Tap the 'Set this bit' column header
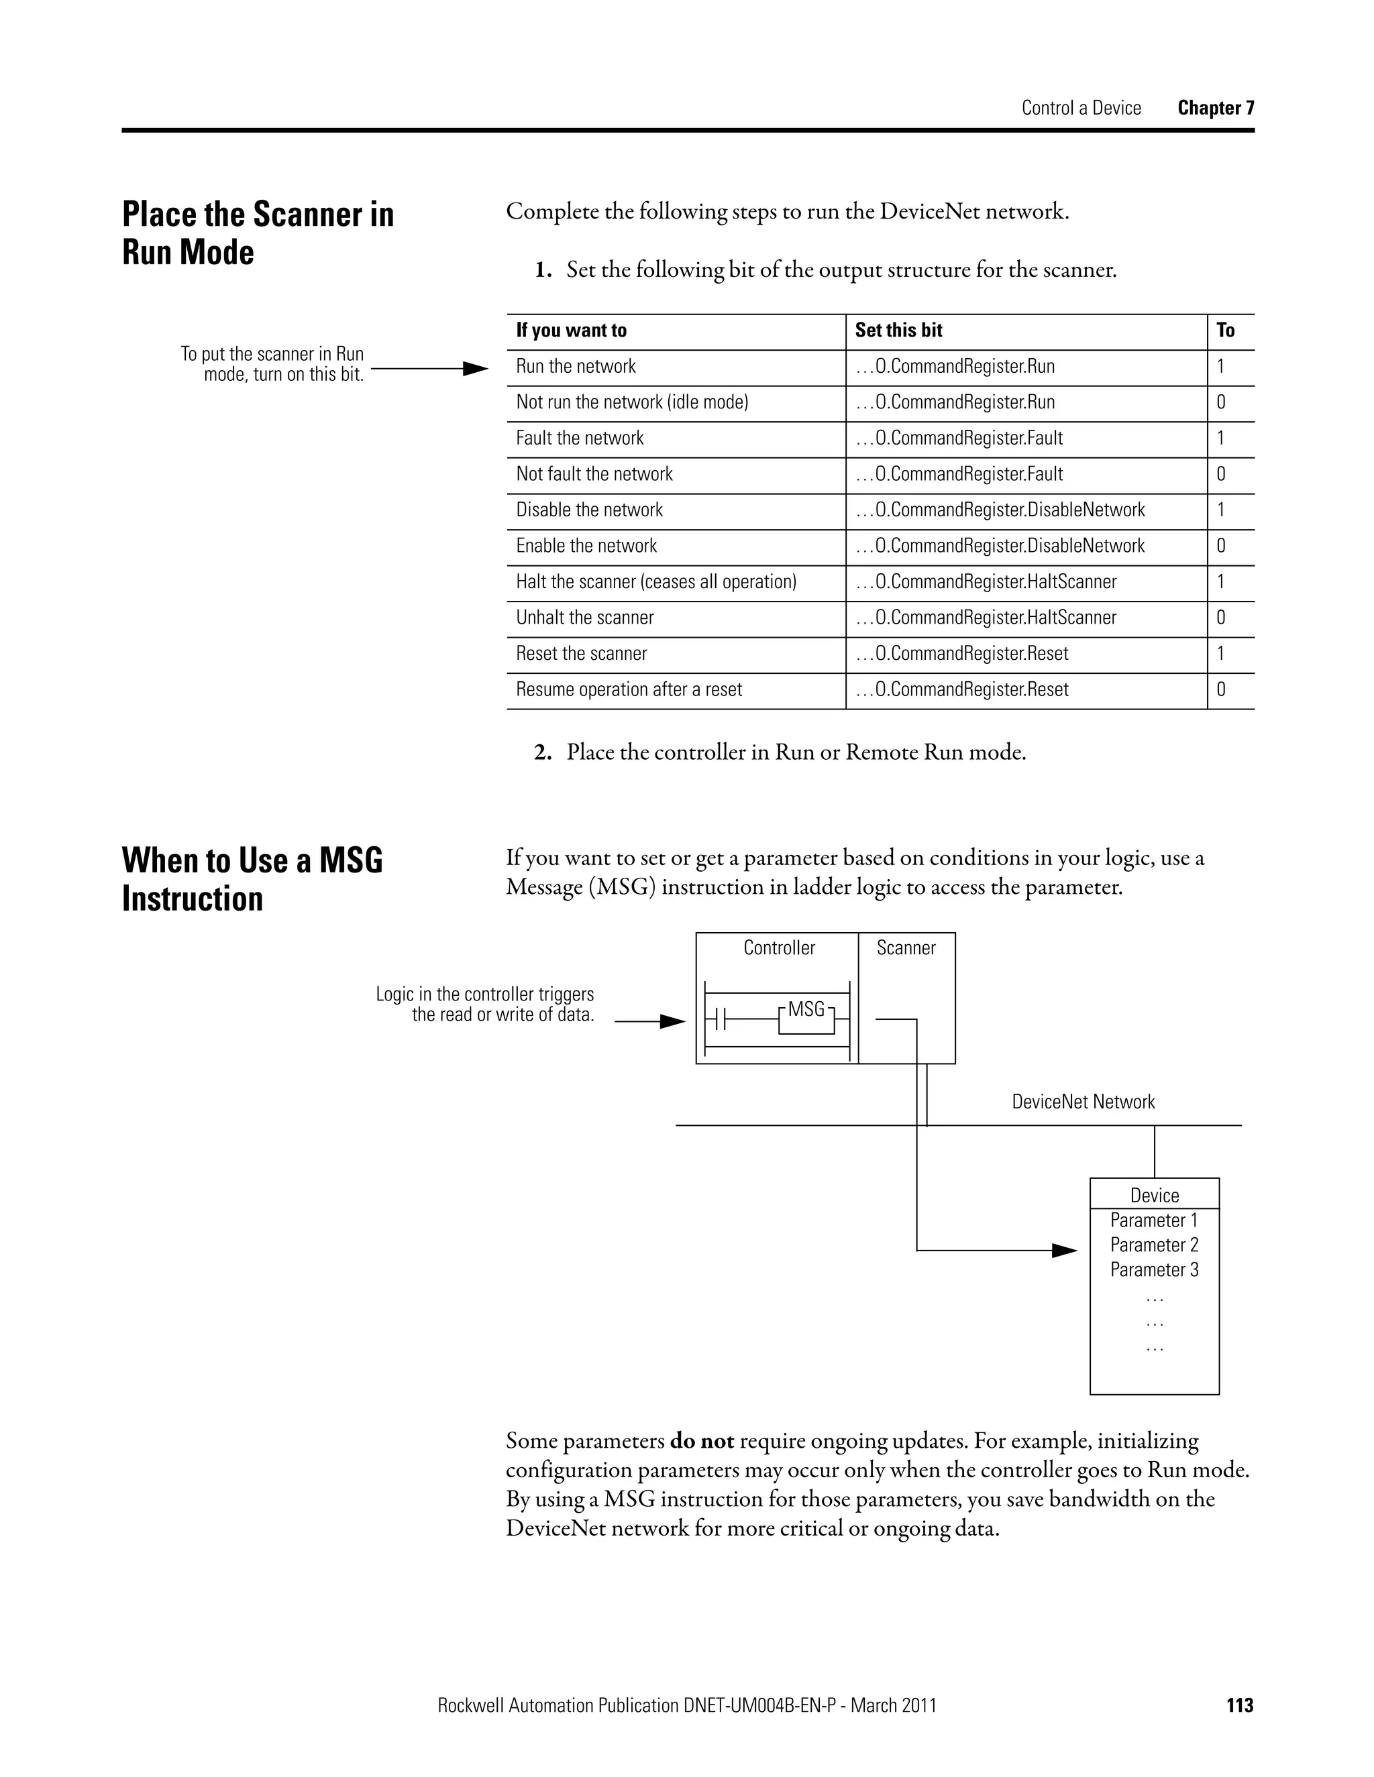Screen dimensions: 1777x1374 coord(898,331)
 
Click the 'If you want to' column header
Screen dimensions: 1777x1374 coord(571,331)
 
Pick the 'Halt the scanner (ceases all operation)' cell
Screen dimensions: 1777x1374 coord(655,582)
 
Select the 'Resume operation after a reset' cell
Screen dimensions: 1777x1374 coord(629,689)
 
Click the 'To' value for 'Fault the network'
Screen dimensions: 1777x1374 coord(1220,438)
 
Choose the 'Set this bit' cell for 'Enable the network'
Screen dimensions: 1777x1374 coord(1000,546)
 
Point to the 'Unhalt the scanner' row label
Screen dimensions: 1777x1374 coord(584,618)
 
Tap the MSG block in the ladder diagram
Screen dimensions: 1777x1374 coord(806,1011)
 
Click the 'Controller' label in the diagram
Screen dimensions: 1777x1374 coord(779,948)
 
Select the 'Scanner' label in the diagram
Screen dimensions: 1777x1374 coord(905,948)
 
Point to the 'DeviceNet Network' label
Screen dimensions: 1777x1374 coord(1083,1102)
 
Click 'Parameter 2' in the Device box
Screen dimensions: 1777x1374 coord(1153,1245)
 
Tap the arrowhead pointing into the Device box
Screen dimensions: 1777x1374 coord(1064,1251)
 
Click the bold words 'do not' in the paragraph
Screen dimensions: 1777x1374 coord(701,1441)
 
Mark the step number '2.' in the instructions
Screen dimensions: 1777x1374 coord(543,752)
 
